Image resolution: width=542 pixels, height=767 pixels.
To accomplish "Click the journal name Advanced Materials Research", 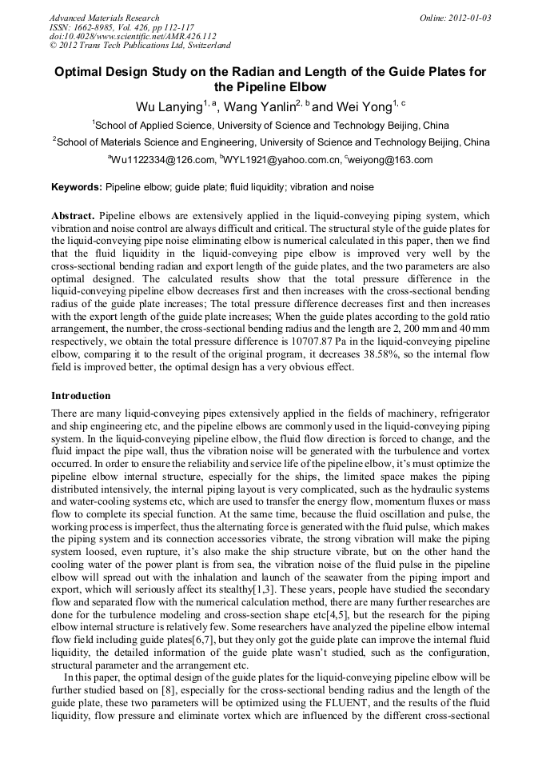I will [104, 18].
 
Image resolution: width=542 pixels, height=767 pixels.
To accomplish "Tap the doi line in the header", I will [133, 36].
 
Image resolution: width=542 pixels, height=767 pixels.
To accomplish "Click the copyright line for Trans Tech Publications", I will [140, 46].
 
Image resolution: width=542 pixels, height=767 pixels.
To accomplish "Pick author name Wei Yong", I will [365, 106].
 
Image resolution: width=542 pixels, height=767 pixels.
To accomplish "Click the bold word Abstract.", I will [72, 217].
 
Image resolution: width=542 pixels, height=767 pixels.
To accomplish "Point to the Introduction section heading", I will [81, 396].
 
